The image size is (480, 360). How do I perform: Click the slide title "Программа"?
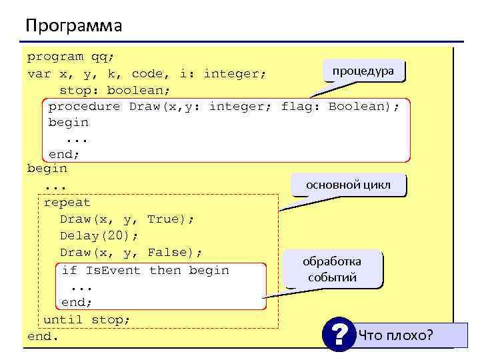(x=74, y=26)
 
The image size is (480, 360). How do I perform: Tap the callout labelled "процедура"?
(x=363, y=71)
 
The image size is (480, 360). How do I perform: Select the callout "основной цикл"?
(x=349, y=185)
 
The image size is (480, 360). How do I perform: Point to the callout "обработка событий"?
(x=332, y=269)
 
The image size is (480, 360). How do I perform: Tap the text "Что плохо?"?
(x=395, y=335)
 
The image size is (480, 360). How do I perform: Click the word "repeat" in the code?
(x=67, y=202)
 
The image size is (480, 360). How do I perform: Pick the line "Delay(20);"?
(x=99, y=235)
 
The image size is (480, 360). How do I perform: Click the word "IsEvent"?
(x=114, y=270)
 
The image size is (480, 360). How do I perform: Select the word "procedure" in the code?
(x=84, y=106)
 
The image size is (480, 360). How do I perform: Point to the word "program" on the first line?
(x=55, y=57)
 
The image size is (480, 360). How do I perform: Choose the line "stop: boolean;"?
(x=115, y=89)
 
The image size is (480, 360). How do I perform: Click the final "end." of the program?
(x=43, y=336)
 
